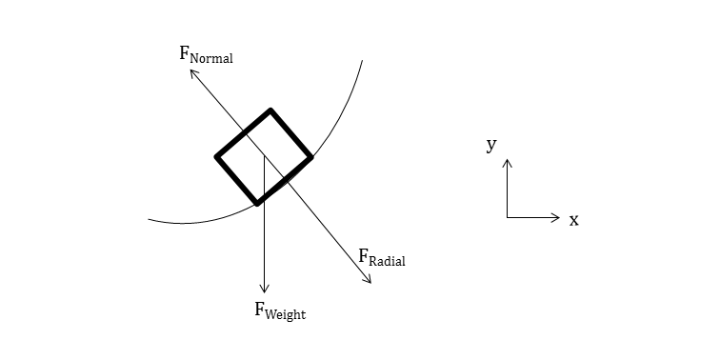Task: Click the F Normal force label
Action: [206, 54]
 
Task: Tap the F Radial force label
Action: [381, 257]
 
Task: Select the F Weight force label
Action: [279, 310]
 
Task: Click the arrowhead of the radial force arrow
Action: [370, 282]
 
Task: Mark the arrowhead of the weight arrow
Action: [265, 291]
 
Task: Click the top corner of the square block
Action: [271, 110]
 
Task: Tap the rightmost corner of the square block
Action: [310, 156]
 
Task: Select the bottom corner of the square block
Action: [256, 202]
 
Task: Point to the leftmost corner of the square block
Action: [217, 156]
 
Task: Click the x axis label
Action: [573, 220]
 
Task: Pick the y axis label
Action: [491, 144]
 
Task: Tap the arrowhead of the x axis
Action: [559, 218]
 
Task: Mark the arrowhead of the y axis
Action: [508, 160]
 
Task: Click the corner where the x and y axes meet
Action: [508, 218]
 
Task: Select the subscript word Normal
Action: [211, 58]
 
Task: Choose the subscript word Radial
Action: [388, 261]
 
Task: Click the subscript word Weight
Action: [286, 313]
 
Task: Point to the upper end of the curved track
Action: [362, 60]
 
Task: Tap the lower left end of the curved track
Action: [150, 220]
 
